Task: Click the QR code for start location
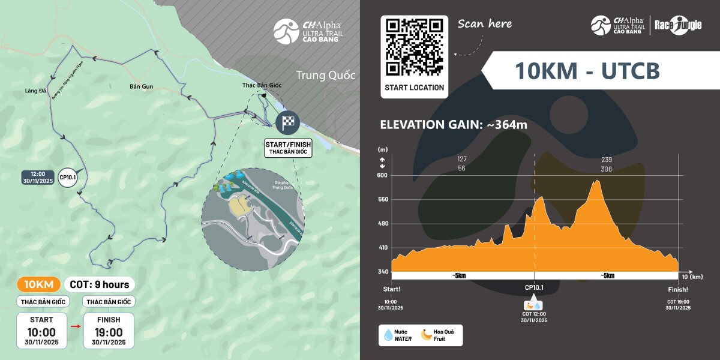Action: (x=414, y=47)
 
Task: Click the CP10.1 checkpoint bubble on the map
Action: (x=67, y=178)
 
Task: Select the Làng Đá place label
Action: (x=36, y=91)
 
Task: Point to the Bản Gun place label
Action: (x=141, y=86)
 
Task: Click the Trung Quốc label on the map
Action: (x=325, y=76)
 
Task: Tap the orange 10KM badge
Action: (x=39, y=284)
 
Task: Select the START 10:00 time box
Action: (x=41, y=331)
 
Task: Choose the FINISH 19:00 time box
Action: (x=109, y=331)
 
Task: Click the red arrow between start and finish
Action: (x=75, y=327)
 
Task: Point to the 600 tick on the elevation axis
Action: (x=382, y=175)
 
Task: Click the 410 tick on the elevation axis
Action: (x=382, y=247)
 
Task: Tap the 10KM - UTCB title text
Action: (x=587, y=71)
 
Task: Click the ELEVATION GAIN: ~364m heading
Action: (x=454, y=125)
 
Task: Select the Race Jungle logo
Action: (x=677, y=25)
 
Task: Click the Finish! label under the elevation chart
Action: (x=678, y=289)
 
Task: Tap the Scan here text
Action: (x=485, y=24)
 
